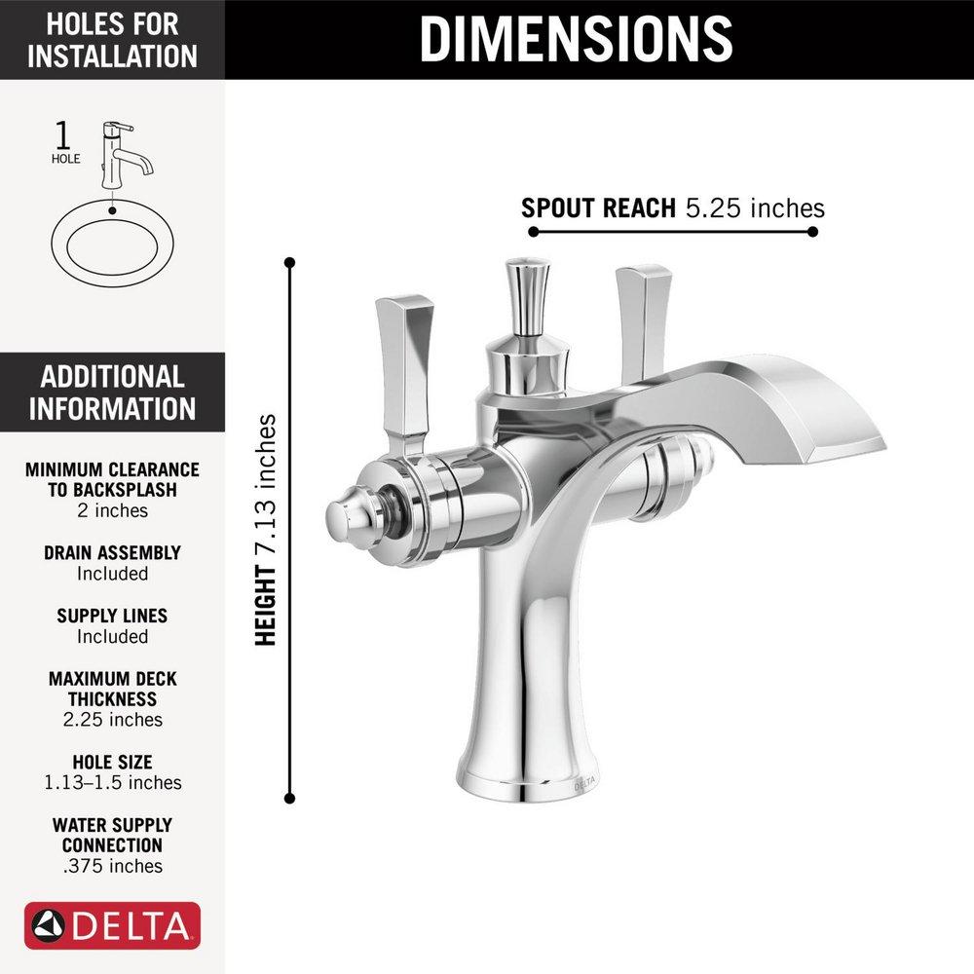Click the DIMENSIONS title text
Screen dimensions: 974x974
point(577,38)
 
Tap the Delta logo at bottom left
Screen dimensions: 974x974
point(112,926)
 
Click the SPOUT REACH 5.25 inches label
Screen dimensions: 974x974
point(672,207)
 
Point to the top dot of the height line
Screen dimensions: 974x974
point(289,262)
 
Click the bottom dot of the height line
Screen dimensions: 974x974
point(289,798)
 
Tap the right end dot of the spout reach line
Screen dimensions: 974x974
point(812,232)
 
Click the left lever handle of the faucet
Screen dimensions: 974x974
point(402,370)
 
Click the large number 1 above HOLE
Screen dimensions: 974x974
point(65,133)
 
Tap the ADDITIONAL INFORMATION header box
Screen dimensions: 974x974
point(112,393)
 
